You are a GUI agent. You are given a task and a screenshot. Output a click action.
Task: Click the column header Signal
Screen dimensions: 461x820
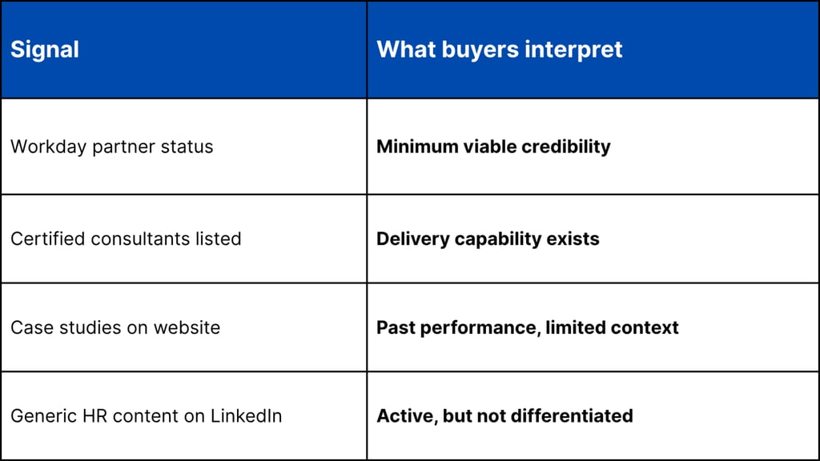click(45, 50)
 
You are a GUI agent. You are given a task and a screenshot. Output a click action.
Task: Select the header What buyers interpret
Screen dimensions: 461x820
click(499, 50)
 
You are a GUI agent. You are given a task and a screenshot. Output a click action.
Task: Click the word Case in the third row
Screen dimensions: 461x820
click(28, 327)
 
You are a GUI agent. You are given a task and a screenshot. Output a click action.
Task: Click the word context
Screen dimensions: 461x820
click(646, 327)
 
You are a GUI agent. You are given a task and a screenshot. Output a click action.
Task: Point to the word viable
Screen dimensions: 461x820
click(484, 146)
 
